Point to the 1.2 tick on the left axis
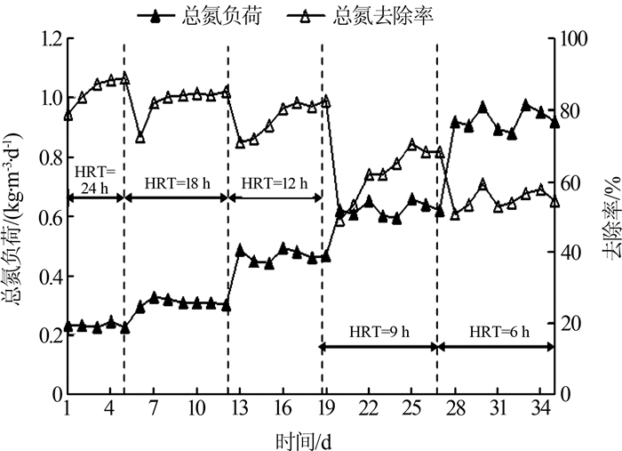44,39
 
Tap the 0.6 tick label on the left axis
44,216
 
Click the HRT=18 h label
176,182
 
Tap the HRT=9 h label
378,332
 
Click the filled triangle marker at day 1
68,327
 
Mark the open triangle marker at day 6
140,137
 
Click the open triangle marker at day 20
339,220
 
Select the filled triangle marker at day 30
482,107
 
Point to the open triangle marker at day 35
554,201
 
